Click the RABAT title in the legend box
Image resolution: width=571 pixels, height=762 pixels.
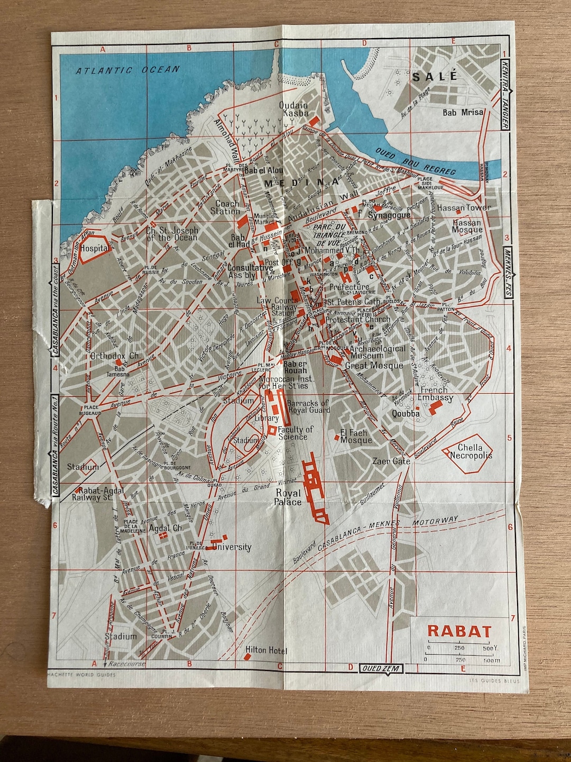[x=459, y=632]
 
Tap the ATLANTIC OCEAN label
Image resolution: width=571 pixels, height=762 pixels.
[x=127, y=70]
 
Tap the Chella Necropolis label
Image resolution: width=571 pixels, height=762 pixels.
[x=471, y=451]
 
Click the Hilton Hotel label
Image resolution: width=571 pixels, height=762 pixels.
[x=266, y=650]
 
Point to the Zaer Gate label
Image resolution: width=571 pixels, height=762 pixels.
[x=391, y=461]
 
